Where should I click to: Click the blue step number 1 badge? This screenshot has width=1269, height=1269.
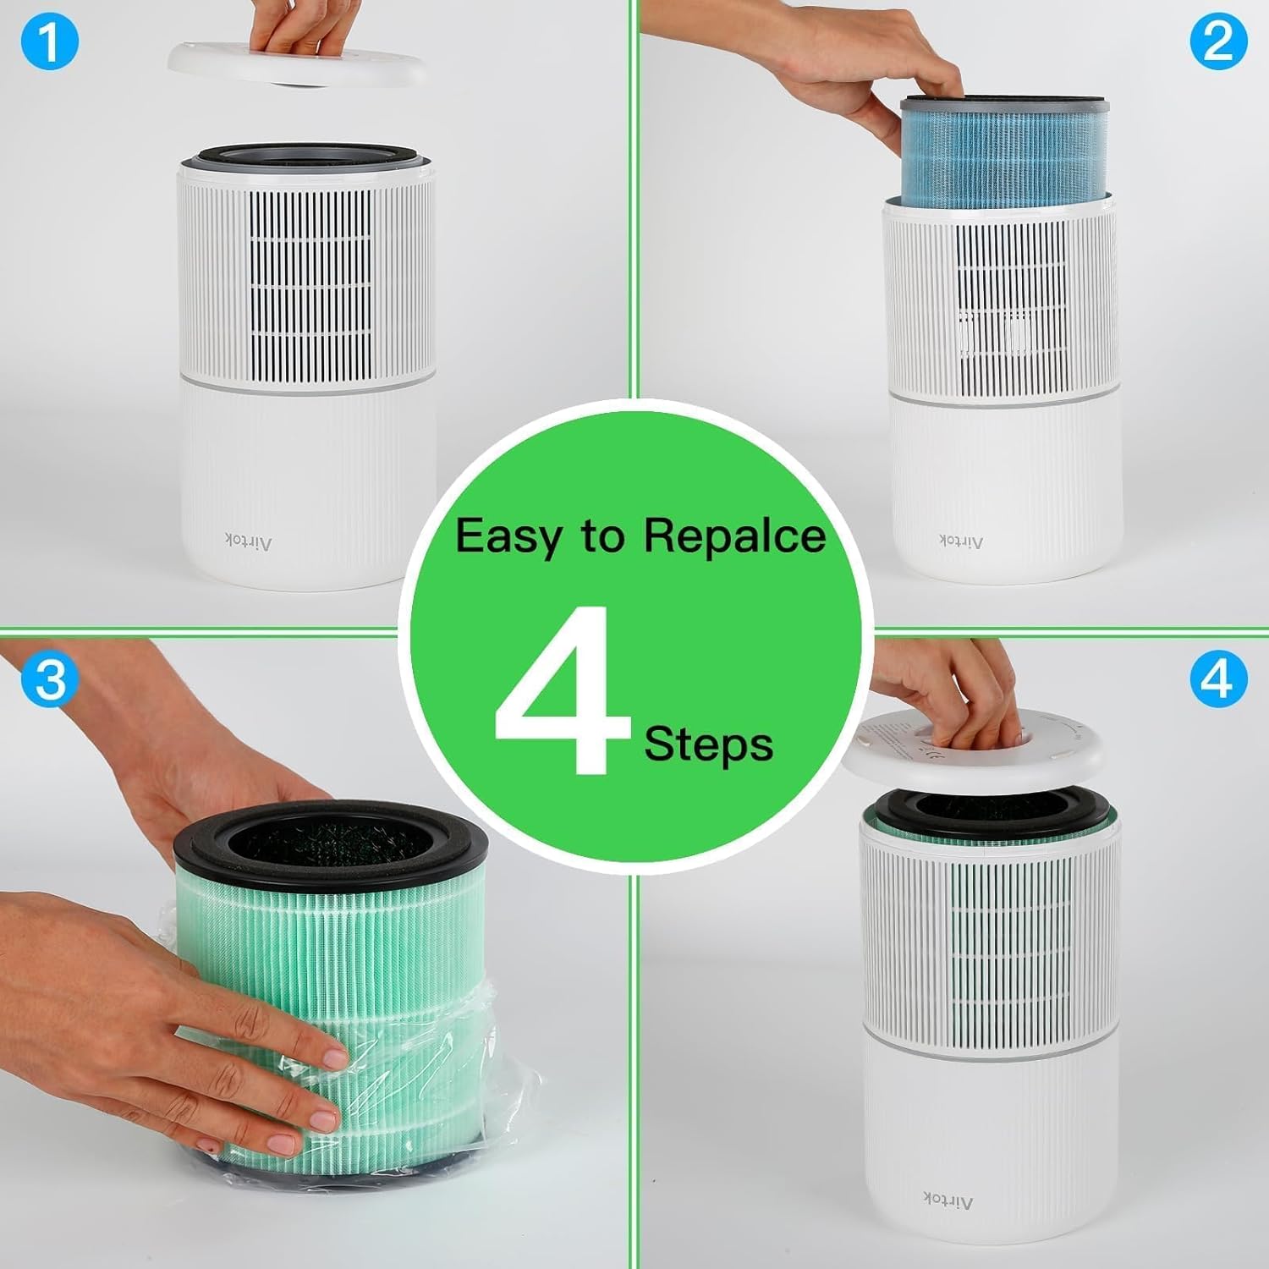click(49, 42)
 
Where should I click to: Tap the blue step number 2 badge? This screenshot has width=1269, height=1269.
click(1218, 41)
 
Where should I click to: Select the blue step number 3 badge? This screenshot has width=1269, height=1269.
click(49, 679)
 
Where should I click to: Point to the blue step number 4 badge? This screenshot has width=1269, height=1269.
click(1218, 679)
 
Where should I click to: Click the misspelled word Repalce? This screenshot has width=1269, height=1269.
click(734, 536)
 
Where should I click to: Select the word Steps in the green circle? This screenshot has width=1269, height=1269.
click(709, 744)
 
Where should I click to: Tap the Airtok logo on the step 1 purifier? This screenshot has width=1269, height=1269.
click(248, 540)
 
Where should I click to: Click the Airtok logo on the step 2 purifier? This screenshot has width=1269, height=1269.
click(961, 540)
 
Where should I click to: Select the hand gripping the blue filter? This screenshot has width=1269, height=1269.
click(846, 76)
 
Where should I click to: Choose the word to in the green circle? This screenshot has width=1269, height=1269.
click(602, 536)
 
